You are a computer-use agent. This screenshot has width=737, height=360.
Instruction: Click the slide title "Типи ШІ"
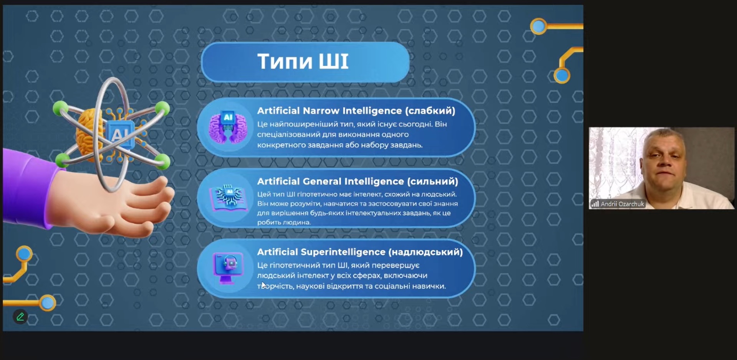click(303, 61)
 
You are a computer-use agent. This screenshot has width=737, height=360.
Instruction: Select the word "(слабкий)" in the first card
click(430, 111)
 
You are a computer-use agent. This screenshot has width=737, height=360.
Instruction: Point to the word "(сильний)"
click(432, 182)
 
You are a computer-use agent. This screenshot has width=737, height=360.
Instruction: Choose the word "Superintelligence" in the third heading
click(343, 252)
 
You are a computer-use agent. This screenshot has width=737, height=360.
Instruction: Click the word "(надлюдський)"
click(426, 252)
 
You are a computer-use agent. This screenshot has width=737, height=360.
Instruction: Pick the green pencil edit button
click(20, 317)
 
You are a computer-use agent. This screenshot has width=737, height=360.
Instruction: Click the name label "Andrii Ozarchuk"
click(622, 204)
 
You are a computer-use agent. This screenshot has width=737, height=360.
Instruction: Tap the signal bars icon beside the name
click(595, 204)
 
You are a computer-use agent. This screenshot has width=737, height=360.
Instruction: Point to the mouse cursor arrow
click(264, 285)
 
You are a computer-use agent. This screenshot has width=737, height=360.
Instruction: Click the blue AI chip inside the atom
click(120, 134)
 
